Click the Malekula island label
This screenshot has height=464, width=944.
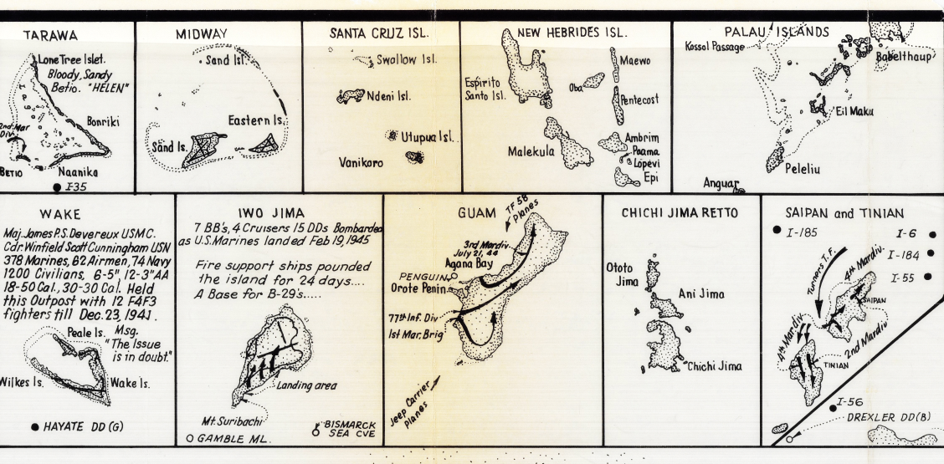[x=532, y=151]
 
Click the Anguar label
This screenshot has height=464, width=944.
[x=723, y=181]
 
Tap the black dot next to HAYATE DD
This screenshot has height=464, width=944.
[x=34, y=426]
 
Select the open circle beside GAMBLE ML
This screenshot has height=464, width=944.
[x=191, y=437]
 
